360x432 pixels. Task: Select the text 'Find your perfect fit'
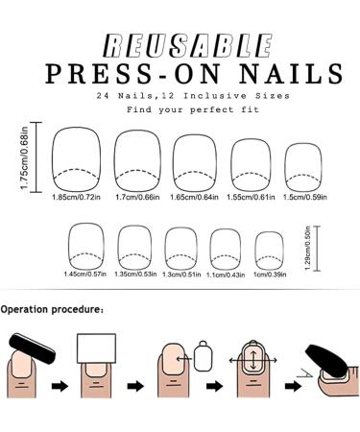click(180, 111)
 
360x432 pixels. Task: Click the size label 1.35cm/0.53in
click(135, 274)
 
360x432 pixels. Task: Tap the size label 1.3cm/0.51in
click(182, 274)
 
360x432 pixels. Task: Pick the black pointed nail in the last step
click(331, 360)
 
